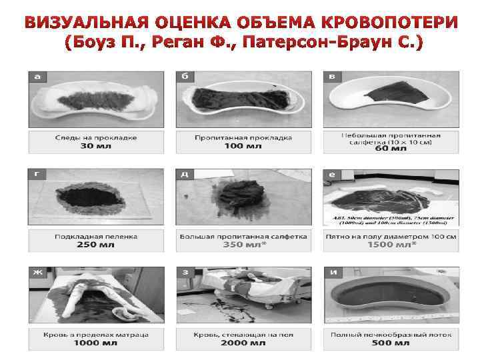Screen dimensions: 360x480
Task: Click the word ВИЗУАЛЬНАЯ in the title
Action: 75,24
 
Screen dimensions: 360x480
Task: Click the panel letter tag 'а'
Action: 37,77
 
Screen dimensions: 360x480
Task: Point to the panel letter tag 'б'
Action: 185,77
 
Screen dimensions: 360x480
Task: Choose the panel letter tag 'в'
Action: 332,77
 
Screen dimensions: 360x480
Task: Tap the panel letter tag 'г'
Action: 37,175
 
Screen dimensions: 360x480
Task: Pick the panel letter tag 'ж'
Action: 37,273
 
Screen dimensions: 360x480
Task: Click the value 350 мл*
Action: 243,245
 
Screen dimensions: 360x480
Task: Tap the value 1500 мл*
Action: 390,245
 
